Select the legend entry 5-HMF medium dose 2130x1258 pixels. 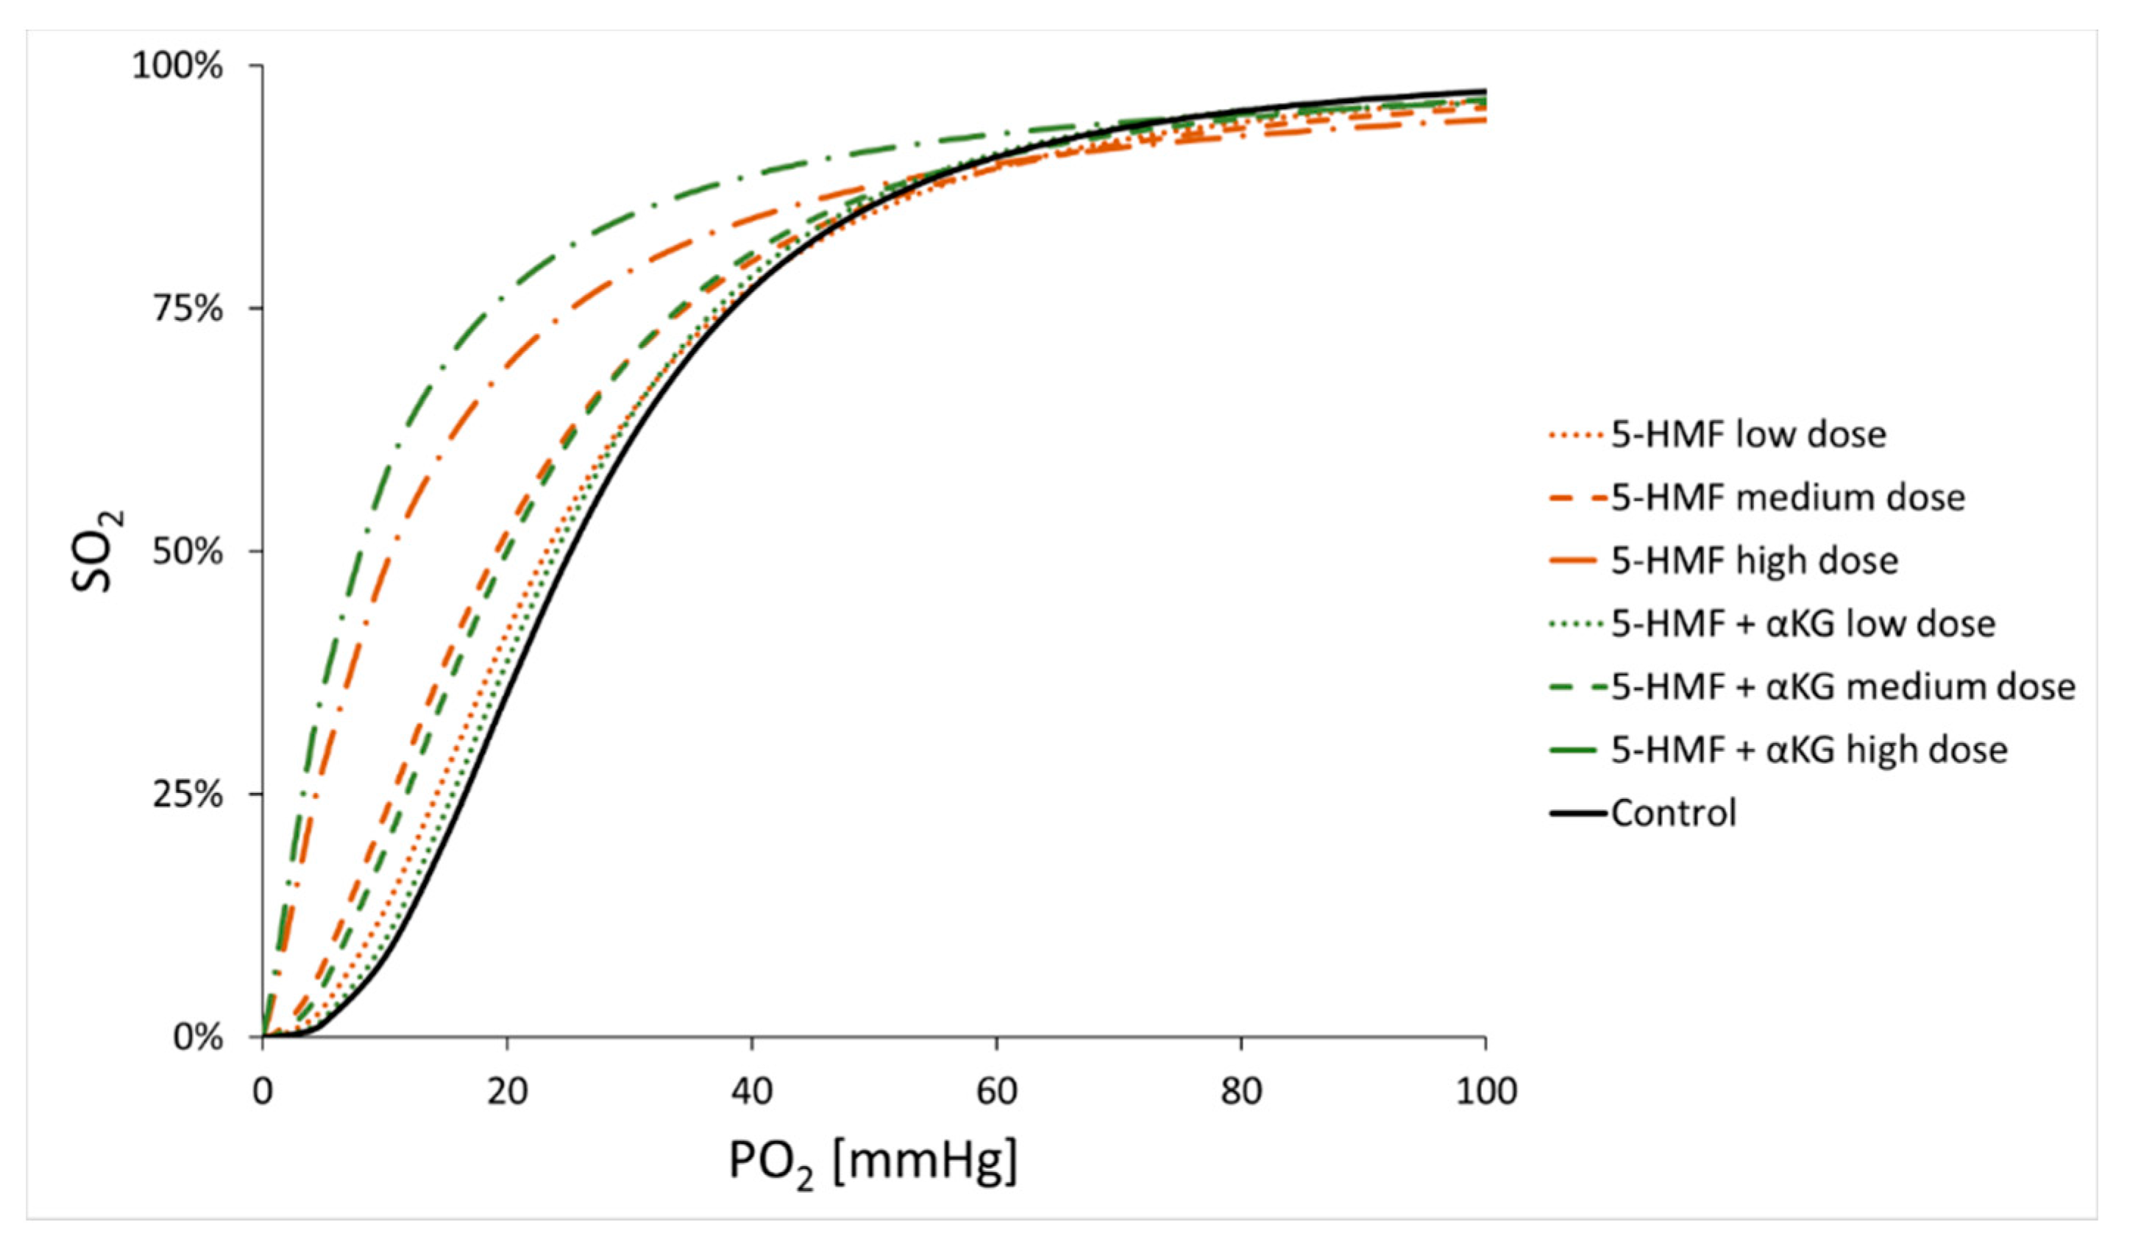1786,497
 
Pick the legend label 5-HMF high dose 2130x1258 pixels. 1754,561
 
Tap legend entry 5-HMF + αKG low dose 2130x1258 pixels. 1803,624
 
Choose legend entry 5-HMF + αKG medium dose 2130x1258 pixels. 1842,686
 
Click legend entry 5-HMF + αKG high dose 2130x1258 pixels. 1808,750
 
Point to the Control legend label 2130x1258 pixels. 1673,813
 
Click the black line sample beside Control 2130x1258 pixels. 1578,813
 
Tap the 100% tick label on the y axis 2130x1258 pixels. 177,66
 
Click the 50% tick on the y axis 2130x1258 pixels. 188,552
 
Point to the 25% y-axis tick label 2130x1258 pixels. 188,795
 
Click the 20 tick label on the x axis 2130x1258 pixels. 507,1091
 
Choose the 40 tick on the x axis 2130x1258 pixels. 752,1091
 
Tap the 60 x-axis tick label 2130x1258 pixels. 996,1091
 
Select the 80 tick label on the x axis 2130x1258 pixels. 1241,1091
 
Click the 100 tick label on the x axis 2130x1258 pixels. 1485,1091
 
